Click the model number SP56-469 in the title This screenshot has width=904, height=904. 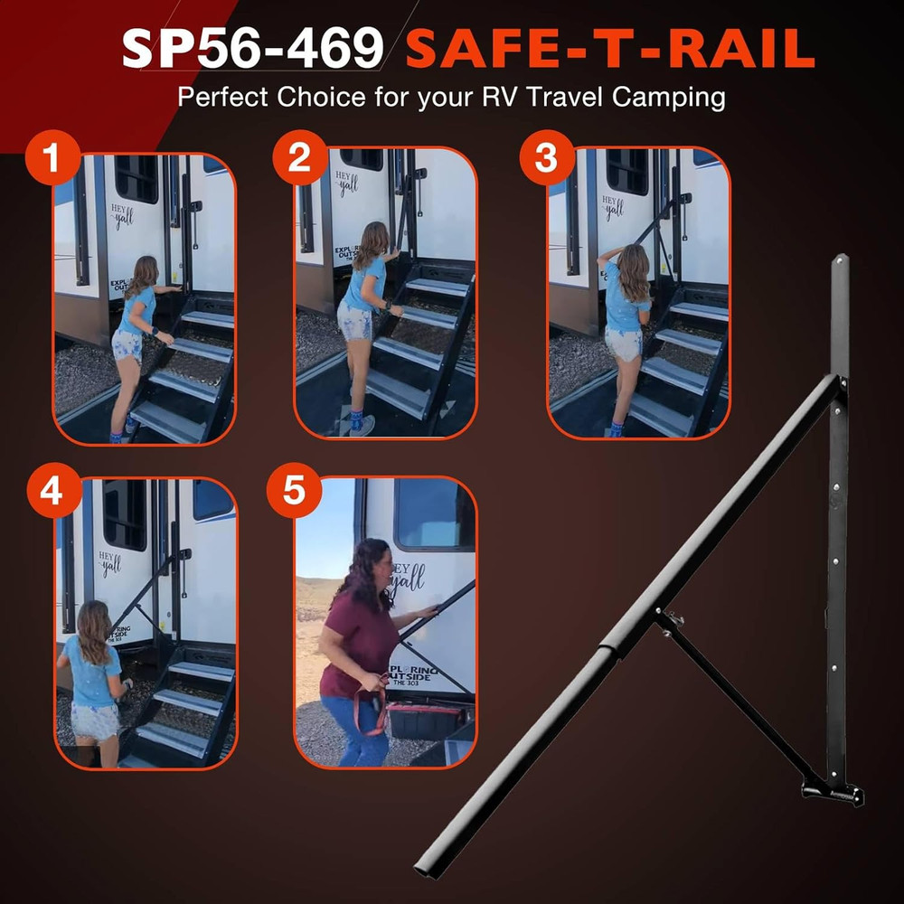pos(253,49)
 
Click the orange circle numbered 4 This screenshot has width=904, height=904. pos(52,491)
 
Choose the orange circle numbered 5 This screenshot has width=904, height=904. pos(293,491)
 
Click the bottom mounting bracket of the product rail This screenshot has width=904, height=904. pos(832,792)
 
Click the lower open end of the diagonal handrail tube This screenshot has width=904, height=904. pos(423,870)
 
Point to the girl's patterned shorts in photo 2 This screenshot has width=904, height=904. pos(354,321)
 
